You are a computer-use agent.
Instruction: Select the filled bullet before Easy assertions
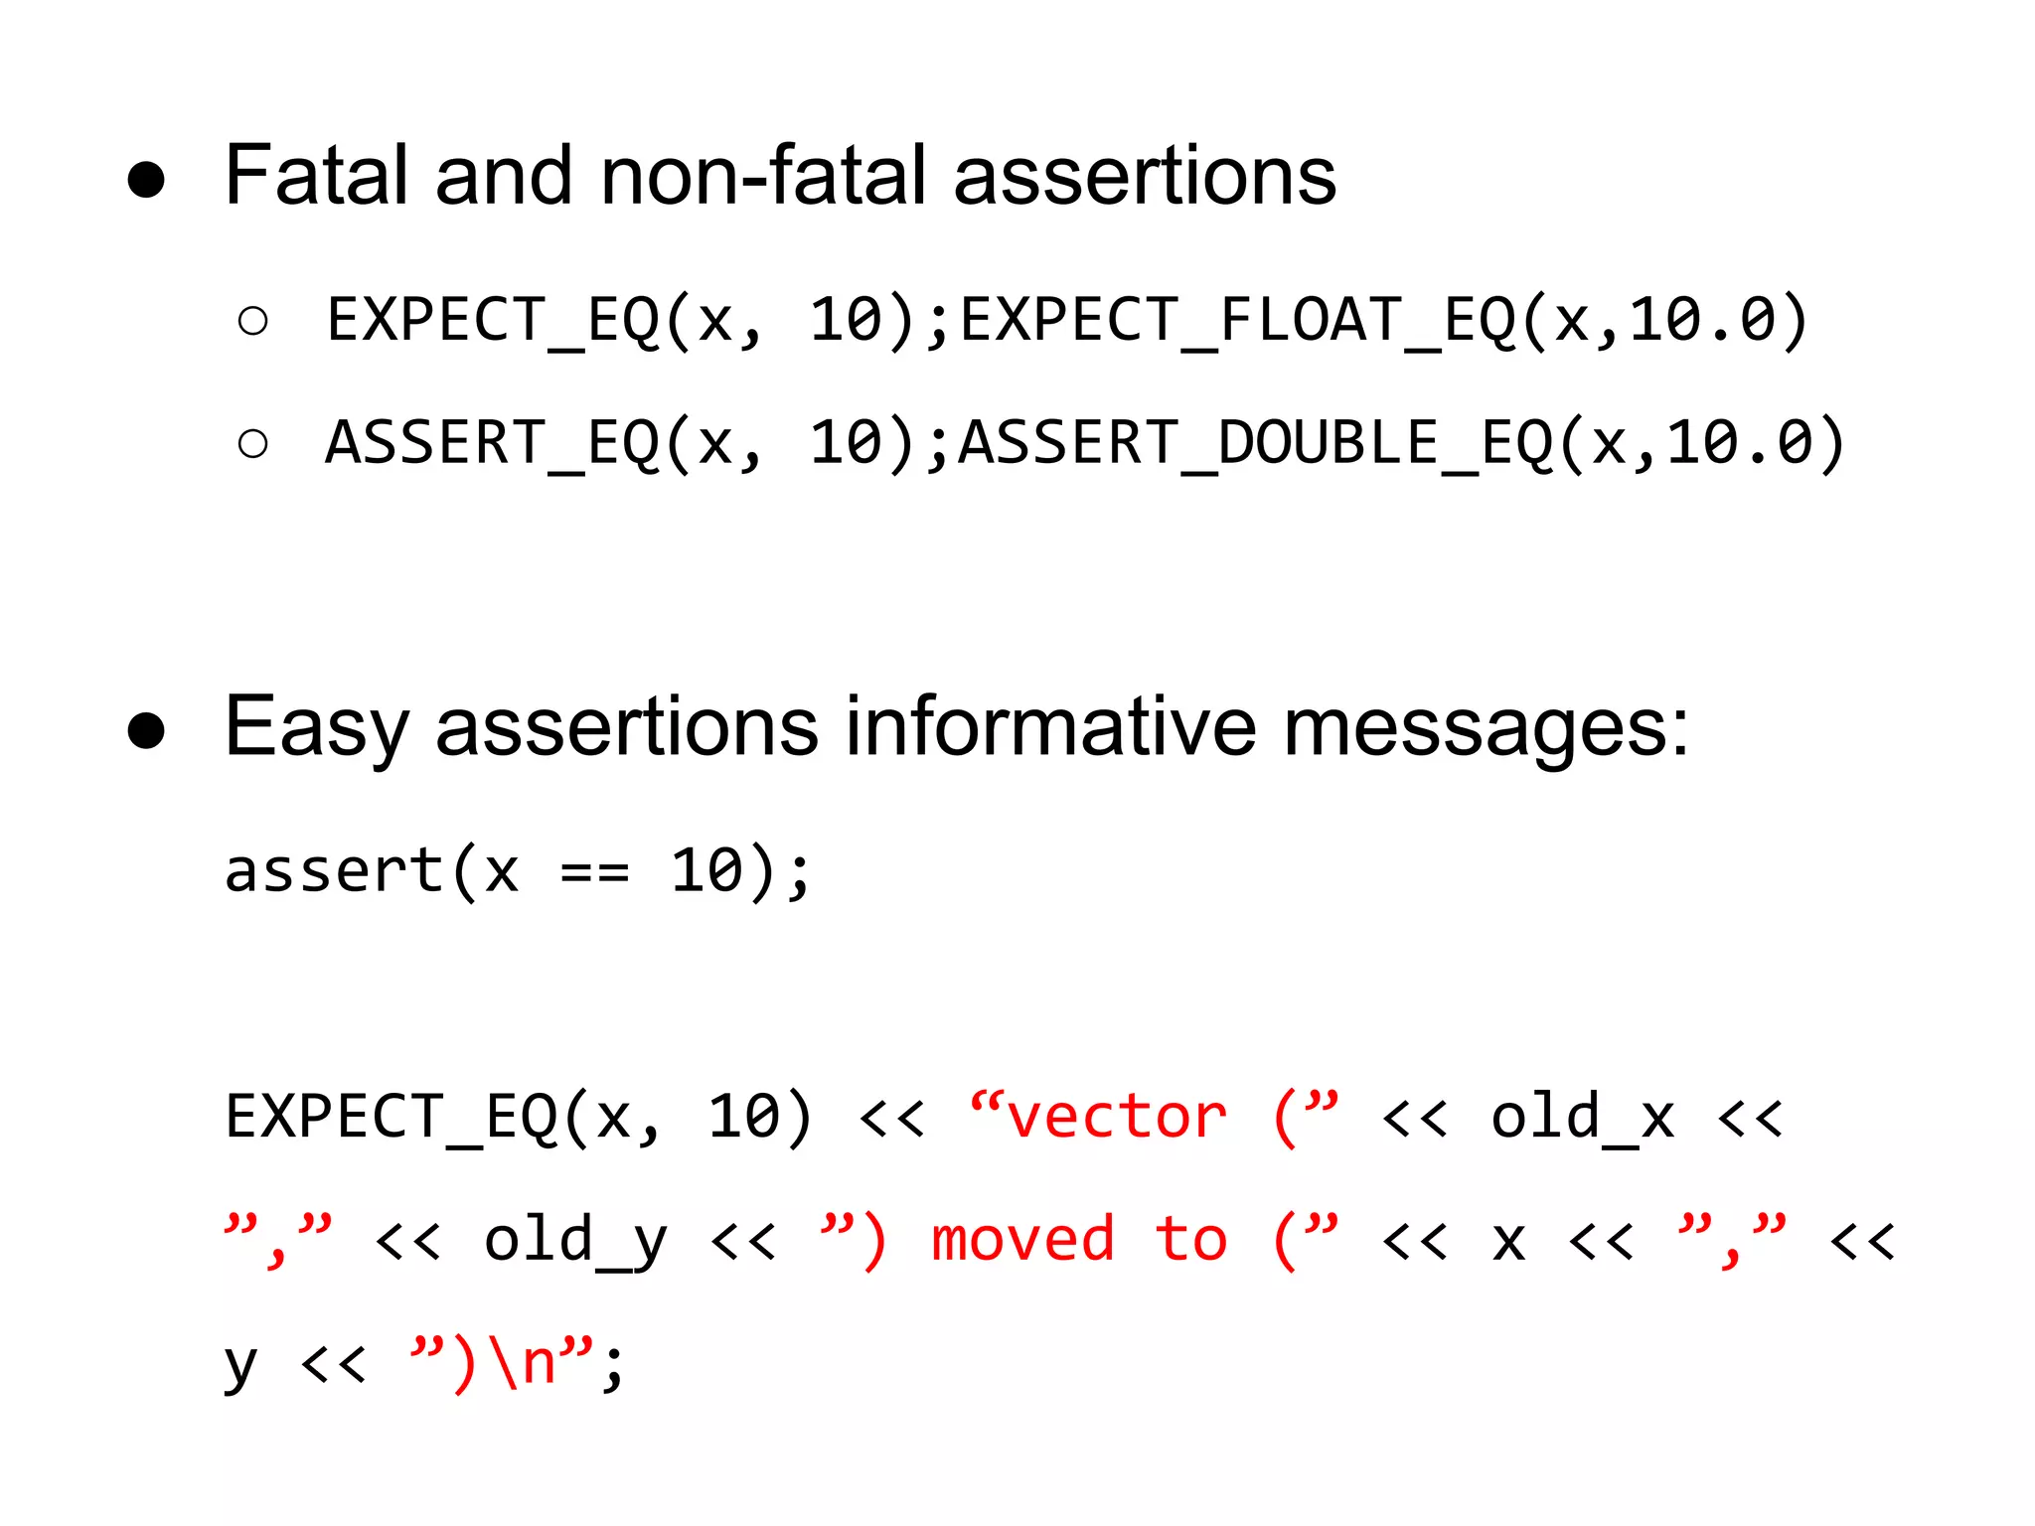point(146,730)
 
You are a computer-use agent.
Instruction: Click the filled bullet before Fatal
point(146,180)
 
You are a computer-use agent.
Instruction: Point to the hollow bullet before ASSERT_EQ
point(253,443)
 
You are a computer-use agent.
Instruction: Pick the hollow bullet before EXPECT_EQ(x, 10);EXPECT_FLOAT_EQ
point(253,321)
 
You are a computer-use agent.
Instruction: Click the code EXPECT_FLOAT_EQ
point(1238,321)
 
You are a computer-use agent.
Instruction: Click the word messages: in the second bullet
point(1485,727)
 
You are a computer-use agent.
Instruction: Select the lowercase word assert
point(334,871)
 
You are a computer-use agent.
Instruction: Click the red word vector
point(1117,1117)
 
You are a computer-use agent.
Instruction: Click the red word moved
point(1022,1240)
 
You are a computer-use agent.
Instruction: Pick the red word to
point(1190,1240)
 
